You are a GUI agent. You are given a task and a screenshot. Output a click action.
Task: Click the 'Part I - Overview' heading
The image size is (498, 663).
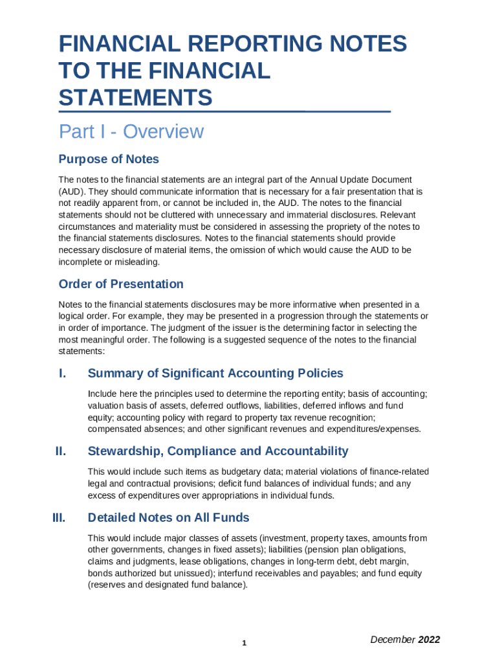(131, 132)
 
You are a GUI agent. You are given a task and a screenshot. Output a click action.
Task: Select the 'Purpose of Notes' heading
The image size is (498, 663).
(109, 159)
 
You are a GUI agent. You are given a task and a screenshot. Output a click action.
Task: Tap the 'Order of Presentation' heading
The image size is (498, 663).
(121, 284)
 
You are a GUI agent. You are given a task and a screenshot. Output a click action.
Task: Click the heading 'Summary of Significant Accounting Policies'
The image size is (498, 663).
(215, 374)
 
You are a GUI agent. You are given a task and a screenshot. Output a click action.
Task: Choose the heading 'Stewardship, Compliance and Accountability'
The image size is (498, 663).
(218, 451)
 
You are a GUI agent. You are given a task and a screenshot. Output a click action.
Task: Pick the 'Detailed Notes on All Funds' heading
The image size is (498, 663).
(168, 518)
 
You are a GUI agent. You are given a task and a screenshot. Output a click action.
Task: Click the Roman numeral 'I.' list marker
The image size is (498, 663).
(63, 374)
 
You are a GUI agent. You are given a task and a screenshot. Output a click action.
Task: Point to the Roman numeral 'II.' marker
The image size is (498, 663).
(61, 451)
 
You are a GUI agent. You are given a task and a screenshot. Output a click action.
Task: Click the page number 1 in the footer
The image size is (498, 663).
(244, 643)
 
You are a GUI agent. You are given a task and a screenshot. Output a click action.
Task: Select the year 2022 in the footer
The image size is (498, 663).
(429, 640)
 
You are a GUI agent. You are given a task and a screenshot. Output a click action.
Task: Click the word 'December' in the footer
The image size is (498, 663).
(393, 640)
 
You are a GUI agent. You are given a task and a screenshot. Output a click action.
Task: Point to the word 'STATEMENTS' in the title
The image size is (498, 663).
(135, 98)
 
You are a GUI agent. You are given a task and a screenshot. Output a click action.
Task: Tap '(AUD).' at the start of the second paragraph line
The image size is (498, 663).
(72, 192)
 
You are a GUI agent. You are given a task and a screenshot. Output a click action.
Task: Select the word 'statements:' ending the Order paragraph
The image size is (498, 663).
(81, 351)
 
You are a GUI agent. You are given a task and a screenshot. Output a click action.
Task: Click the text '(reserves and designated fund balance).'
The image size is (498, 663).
(168, 585)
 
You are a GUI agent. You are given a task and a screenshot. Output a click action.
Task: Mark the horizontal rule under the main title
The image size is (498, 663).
(224, 112)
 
